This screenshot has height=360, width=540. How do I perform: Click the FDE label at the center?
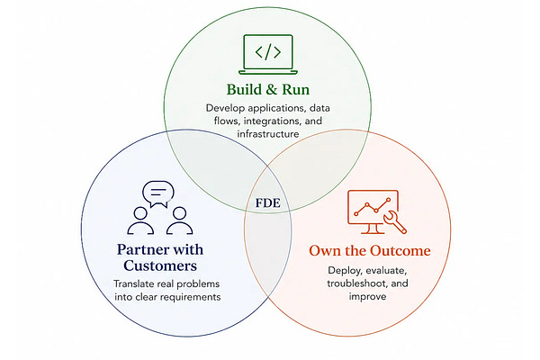click(x=268, y=202)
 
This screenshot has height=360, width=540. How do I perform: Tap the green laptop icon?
click(x=268, y=54)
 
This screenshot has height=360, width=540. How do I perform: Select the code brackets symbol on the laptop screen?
click(x=268, y=52)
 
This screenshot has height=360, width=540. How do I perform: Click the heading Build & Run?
click(x=268, y=90)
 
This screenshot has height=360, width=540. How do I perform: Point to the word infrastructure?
click(x=268, y=134)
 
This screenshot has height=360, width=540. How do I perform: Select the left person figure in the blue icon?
click(x=140, y=220)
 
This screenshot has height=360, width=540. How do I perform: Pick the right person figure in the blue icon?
click(x=179, y=220)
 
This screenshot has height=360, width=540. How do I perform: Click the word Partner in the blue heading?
click(x=142, y=249)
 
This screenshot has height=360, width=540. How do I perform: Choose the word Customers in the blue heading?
click(x=160, y=265)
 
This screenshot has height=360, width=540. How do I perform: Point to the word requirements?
click(x=188, y=297)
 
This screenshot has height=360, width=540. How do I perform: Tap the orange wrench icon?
click(x=395, y=222)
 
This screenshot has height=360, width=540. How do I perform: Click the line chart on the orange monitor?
click(x=373, y=207)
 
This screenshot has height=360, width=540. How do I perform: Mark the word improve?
click(x=367, y=297)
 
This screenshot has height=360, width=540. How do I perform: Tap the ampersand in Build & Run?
click(x=272, y=90)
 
